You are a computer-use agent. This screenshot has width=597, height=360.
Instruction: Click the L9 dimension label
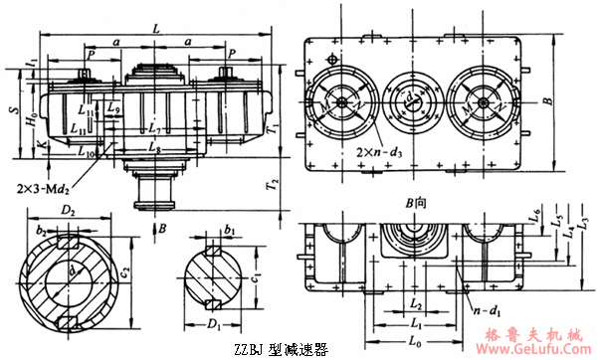(x=113, y=106)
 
